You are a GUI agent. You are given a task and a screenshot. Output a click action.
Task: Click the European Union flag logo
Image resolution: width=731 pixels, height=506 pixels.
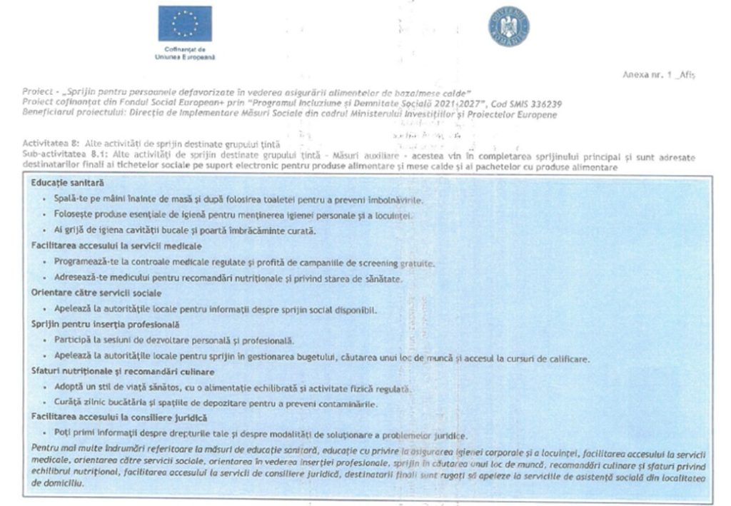185,24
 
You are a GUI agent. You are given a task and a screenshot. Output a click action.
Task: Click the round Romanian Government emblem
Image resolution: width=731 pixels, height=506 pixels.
508,26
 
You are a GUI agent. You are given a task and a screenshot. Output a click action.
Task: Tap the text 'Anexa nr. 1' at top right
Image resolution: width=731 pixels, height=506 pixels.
648,75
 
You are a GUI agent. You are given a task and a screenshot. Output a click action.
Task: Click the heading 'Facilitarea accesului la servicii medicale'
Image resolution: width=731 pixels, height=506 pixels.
111,246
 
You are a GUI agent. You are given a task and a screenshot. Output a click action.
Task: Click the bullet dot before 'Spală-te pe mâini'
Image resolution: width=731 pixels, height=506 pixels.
45,198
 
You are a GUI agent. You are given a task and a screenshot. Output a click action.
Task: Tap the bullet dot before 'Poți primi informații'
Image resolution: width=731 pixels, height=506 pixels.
45,434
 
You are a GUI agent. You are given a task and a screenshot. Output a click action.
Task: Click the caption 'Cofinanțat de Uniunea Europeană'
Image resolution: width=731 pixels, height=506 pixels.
184,54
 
